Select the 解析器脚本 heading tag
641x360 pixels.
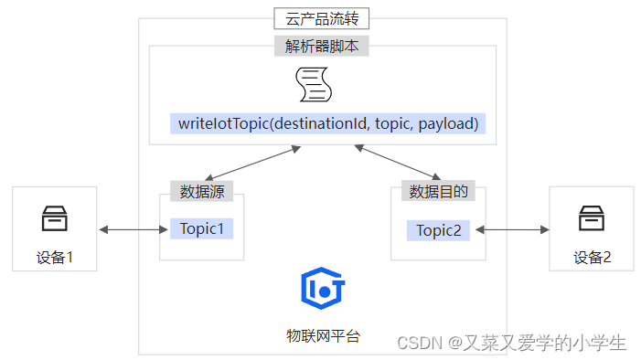(x=322, y=47)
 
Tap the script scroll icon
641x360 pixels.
(x=313, y=84)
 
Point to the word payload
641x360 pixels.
(x=448, y=123)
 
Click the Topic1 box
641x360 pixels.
(x=202, y=228)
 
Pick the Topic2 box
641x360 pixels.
(x=439, y=229)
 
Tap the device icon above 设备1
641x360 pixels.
(x=54, y=218)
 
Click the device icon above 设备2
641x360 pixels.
(x=591, y=218)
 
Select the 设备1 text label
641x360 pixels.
(x=54, y=257)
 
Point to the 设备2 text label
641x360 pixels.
(x=592, y=257)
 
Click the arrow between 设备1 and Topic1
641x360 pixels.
(x=130, y=228)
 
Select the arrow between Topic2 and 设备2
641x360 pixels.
(x=510, y=229)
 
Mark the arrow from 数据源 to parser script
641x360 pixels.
(x=253, y=163)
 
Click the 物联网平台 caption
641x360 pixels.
(x=322, y=335)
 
